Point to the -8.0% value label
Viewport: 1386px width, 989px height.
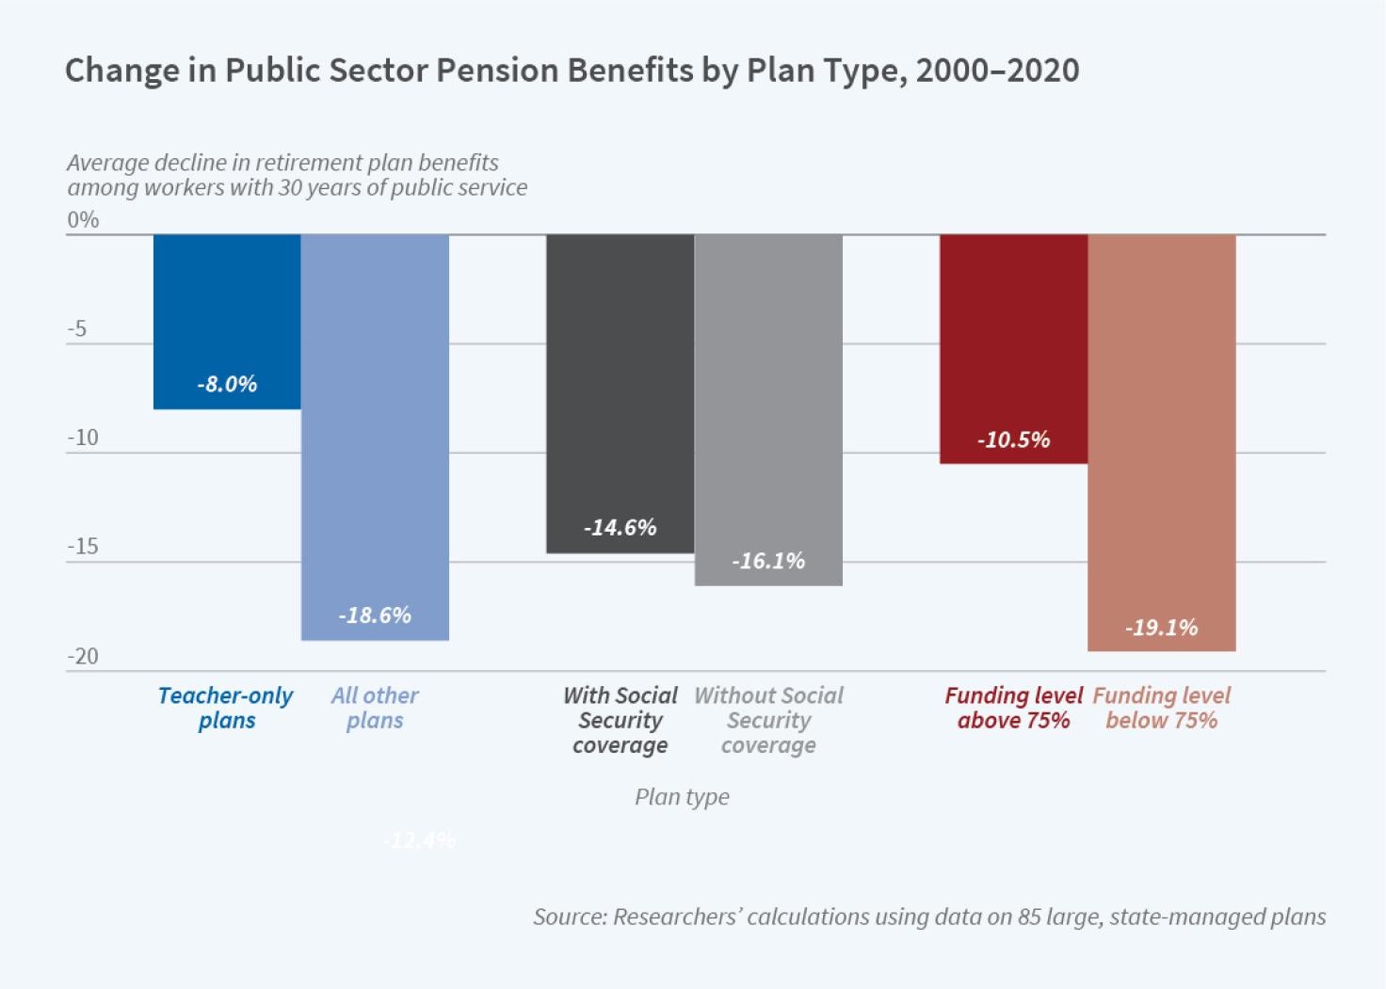[x=227, y=384]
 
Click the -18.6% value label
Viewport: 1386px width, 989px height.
[x=375, y=615]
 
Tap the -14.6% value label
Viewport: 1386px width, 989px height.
[x=620, y=528]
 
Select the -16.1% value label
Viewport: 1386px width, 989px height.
[x=768, y=562]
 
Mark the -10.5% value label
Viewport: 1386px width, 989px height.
[x=1013, y=440]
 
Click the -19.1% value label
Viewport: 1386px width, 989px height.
[x=1161, y=628]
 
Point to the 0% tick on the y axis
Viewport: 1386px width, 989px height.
[x=83, y=220]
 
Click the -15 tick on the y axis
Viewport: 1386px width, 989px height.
[x=83, y=547]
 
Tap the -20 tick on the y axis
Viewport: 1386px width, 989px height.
[x=83, y=656]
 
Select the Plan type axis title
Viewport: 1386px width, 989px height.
[x=682, y=797]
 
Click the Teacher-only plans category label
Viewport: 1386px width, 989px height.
[x=226, y=708]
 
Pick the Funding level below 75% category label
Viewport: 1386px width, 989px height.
[x=1161, y=708]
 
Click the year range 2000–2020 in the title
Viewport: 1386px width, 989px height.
[x=997, y=71]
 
